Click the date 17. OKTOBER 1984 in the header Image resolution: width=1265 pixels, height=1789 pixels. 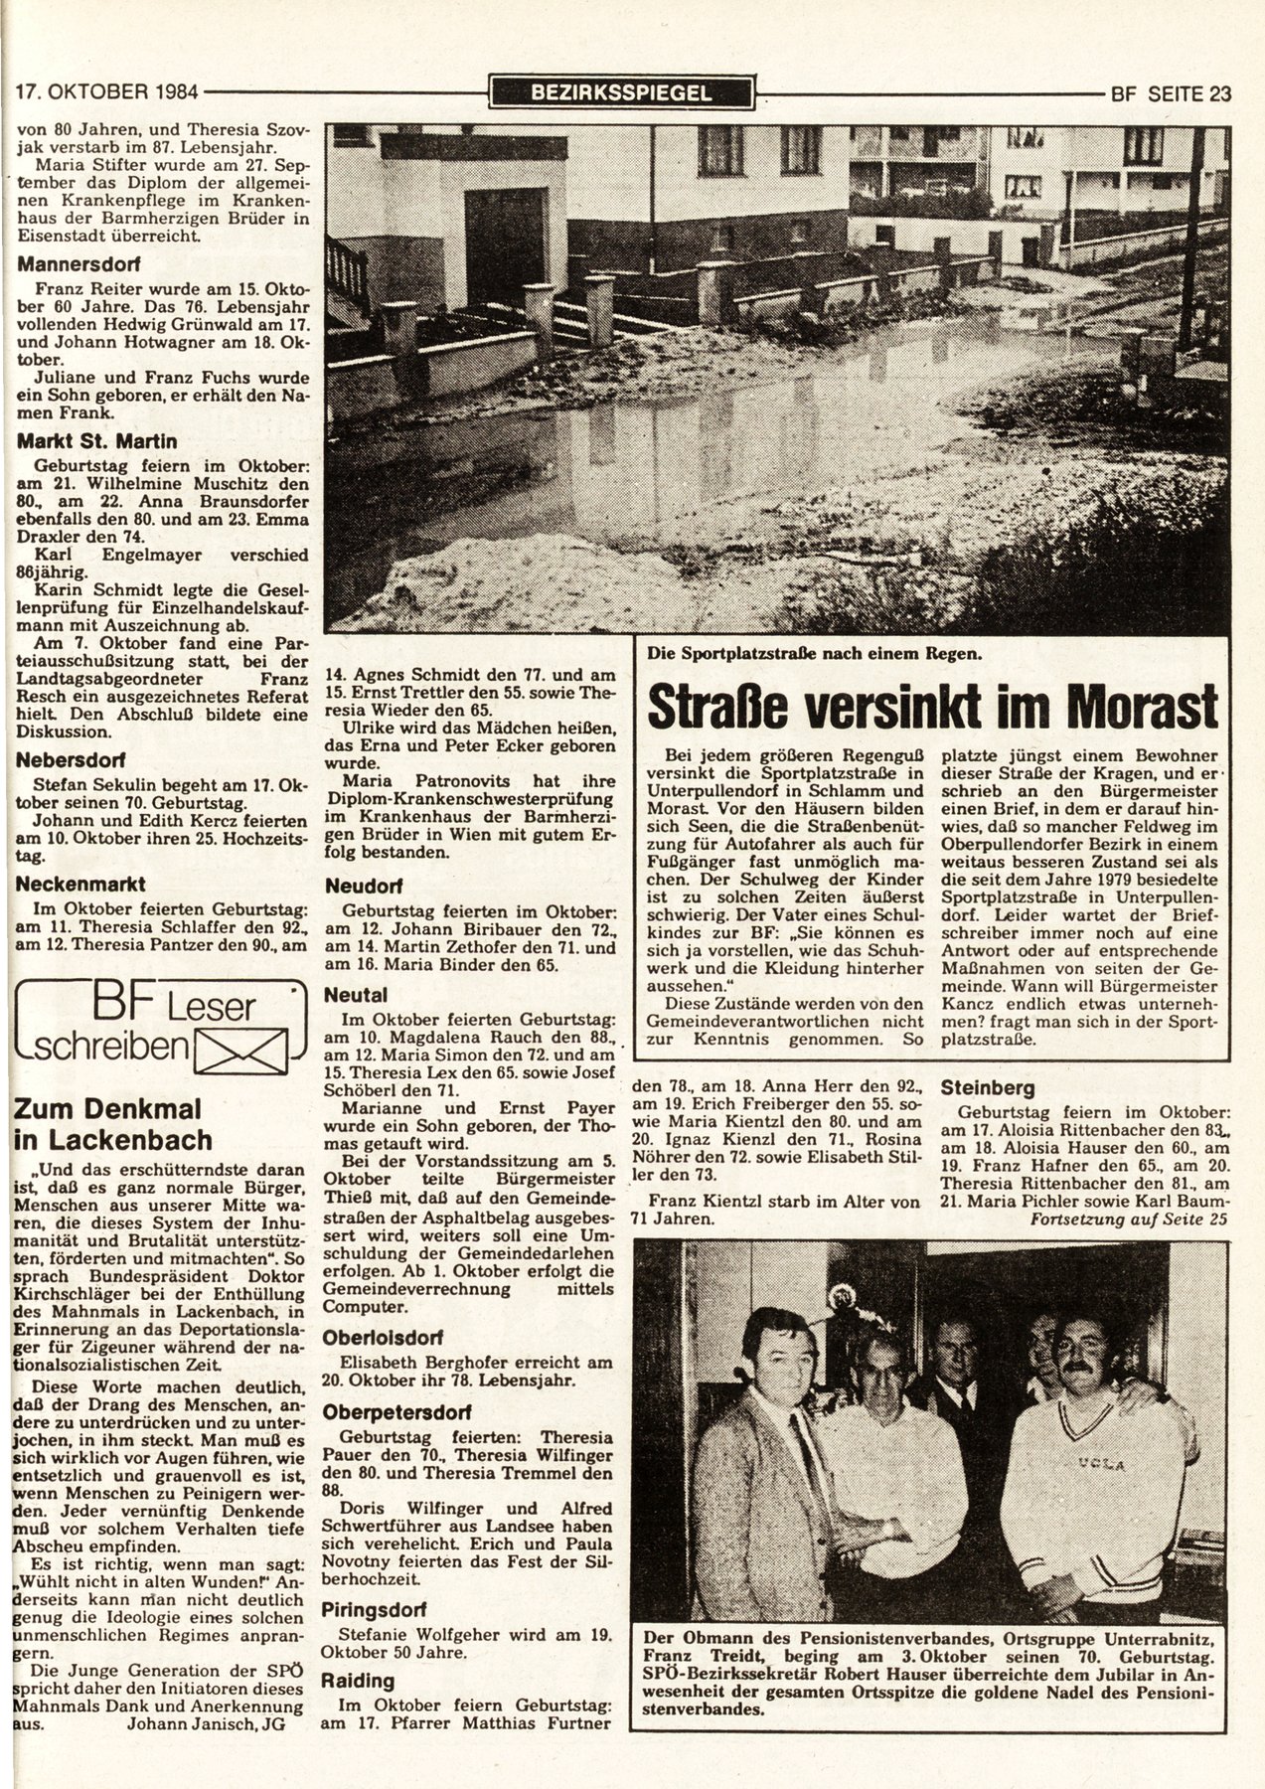[x=107, y=94]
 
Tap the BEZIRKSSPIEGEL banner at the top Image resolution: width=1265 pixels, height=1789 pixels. [x=622, y=93]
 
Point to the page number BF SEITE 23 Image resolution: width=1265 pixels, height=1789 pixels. [x=1171, y=94]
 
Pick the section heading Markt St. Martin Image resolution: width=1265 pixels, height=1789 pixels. [x=86, y=439]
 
